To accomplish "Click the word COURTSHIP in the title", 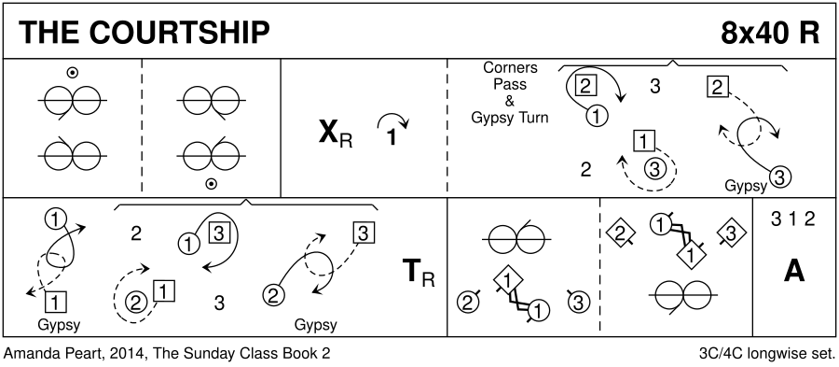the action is point(179,33).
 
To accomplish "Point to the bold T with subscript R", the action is point(419,274).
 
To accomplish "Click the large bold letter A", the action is point(794,272).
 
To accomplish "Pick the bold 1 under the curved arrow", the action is point(392,137).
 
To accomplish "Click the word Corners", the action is point(510,68).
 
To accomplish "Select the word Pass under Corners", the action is point(510,84).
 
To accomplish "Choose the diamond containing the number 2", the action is point(621,233).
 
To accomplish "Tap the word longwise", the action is point(778,354).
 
